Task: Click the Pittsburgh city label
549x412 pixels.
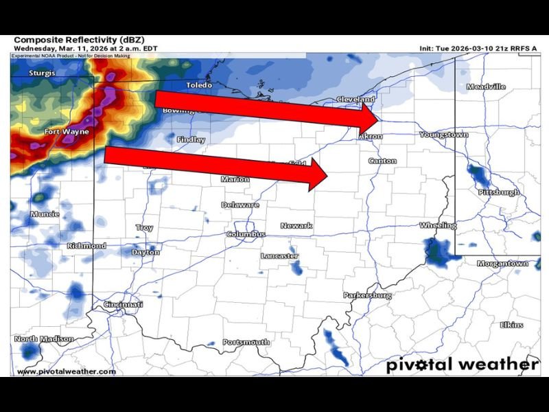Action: [499, 192]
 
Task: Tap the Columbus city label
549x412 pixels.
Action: [246, 234]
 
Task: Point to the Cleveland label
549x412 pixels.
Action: [355, 100]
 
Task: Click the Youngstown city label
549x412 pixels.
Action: [443, 135]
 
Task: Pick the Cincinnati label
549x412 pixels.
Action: [123, 304]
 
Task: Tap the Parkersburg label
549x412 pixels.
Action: [367, 295]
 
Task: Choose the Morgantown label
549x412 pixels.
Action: [502, 264]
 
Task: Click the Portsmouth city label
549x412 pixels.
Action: [246, 342]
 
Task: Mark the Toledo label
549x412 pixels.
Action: [200, 86]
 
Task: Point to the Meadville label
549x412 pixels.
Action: [486, 87]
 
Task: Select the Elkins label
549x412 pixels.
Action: [511, 325]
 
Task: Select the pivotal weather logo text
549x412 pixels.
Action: [462, 364]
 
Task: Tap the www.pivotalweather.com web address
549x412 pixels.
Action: [66, 371]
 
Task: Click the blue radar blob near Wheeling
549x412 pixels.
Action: [438, 252]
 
